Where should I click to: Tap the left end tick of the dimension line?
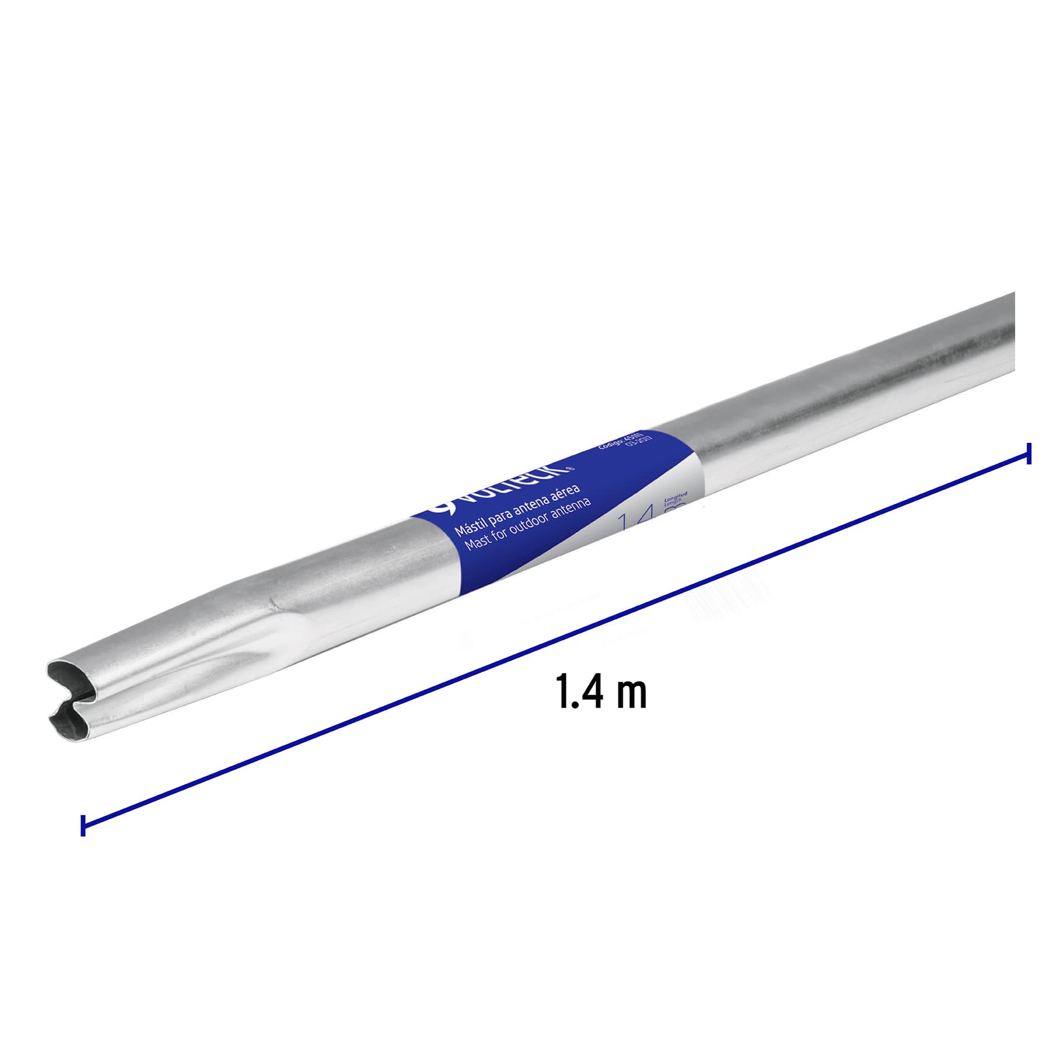coord(83,825)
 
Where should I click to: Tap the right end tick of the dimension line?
coord(1029,453)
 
